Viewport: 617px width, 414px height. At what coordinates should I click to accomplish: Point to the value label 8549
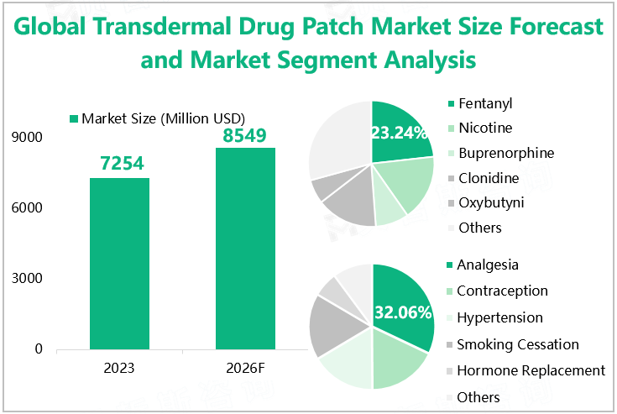point(245,134)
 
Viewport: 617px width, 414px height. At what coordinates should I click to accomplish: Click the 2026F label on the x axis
point(245,369)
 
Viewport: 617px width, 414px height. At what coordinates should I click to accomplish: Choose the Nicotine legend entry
point(484,128)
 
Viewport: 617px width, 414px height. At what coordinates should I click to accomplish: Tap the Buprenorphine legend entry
point(505,154)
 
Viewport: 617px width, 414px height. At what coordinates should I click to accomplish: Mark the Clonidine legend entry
point(488,178)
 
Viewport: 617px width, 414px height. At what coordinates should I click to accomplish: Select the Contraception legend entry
point(502,291)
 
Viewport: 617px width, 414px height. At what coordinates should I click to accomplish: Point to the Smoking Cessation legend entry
point(517,344)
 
